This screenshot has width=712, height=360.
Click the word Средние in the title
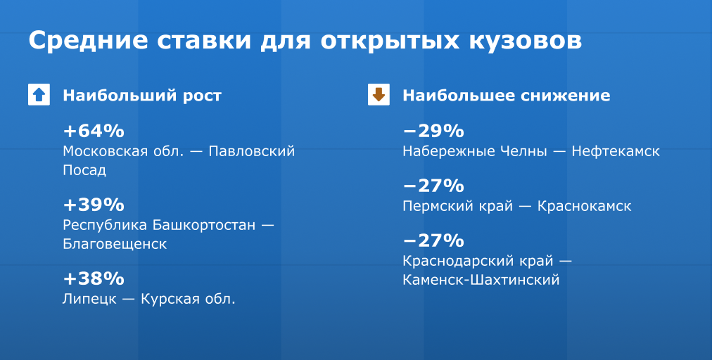pyautogui.click(x=89, y=41)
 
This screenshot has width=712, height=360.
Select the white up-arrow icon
pyautogui.click(x=39, y=94)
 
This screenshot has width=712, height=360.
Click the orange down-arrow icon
pyautogui.click(x=379, y=94)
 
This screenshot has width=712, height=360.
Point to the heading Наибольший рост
pyautogui.click(x=142, y=96)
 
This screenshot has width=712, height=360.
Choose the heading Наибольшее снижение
pyautogui.click(x=507, y=96)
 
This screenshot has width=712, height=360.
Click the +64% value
pyautogui.click(x=94, y=131)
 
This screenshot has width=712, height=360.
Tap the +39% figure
pyautogui.click(x=94, y=205)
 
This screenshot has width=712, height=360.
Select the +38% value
pyautogui.click(x=94, y=278)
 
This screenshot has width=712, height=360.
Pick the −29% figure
pyautogui.click(x=433, y=131)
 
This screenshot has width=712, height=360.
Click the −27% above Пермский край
pyautogui.click(x=433, y=186)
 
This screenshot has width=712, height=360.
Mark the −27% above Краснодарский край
pyautogui.click(x=433, y=240)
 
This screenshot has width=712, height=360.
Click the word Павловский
pyautogui.click(x=252, y=151)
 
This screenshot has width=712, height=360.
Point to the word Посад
pyautogui.click(x=84, y=170)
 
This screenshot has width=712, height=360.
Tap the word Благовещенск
pyautogui.click(x=115, y=244)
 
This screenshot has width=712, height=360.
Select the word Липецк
pyautogui.click(x=89, y=299)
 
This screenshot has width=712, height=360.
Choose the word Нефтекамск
pyautogui.click(x=616, y=151)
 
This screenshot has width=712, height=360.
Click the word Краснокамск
pyautogui.click(x=585, y=206)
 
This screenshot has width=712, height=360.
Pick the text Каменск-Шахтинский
pyautogui.click(x=481, y=280)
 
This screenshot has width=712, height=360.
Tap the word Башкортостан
pyautogui.click(x=204, y=225)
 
